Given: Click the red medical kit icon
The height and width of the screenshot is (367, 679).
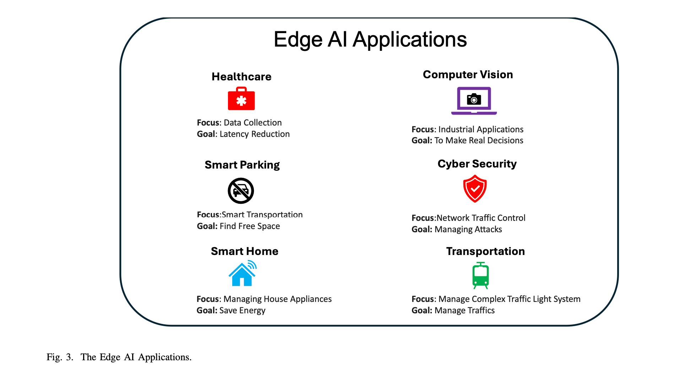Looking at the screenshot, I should click(x=241, y=99).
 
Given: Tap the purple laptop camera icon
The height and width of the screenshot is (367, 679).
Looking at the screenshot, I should click(x=474, y=101).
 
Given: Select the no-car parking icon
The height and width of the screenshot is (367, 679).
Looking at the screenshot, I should click(x=241, y=191).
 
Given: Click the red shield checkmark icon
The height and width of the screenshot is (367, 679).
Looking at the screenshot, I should click(x=475, y=188).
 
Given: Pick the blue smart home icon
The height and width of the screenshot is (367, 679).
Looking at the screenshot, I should click(x=242, y=273).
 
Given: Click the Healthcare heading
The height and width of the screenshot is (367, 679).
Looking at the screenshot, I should click(x=241, y=77).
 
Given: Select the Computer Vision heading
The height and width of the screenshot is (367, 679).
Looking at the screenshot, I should click(x=468, y=75).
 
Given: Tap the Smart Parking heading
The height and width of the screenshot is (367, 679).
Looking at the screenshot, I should click(x=242, y=165).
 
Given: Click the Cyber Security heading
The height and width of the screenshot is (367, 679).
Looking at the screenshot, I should click(x=477, y=164).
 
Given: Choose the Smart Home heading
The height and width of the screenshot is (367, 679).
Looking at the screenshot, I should click(x=244, y=251).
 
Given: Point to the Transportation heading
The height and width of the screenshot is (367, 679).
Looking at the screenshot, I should click(x=485, y=251).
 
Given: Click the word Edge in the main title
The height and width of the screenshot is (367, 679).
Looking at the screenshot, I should click(x=298, y=40).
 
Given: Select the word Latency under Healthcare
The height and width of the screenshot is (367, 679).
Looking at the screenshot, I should click(x=234, y=134).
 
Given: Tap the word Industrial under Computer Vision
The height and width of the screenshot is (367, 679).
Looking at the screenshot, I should click(x=456, y=129).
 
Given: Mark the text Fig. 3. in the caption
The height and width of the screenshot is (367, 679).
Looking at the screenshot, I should click(x=60, y=357).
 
